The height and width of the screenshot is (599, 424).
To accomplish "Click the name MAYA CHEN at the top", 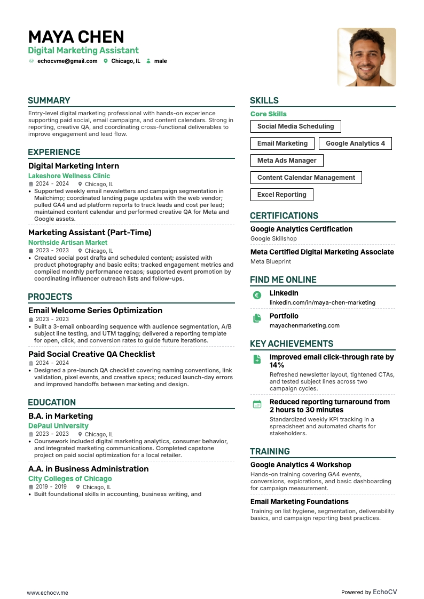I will (x=76, y=37).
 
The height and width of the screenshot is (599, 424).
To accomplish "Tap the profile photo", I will (x=366, y=57).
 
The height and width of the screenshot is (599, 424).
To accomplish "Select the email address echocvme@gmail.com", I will (x=67, y=61).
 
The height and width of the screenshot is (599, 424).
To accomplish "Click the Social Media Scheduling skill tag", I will (x=295, y=126).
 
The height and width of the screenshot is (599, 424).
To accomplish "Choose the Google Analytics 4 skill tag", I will (x=355, y=143).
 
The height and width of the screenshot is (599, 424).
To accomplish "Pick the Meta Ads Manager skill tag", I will (x=287, y=161).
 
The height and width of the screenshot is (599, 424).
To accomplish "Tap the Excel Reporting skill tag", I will (x=281, y=195).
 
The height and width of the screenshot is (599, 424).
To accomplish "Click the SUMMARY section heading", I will (x=49, y=101).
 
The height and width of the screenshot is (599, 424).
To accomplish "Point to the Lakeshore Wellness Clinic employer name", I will (x=69, y=176).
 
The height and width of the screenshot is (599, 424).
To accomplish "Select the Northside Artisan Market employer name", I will (x=68, y=243).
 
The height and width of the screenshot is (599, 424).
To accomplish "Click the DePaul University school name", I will (x=58, y=426).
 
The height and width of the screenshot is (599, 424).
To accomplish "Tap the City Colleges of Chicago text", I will (x=70, y=479).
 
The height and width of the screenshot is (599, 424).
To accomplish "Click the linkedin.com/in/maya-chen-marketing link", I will (x=322, y=302).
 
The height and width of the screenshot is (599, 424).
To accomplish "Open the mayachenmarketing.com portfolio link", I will (x=304, y=325).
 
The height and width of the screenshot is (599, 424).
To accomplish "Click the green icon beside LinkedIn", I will (x=257, y=295).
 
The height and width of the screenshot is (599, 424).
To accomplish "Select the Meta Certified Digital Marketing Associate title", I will (x=322, y=252).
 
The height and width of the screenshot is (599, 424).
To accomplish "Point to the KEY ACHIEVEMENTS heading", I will (x=292, y=344).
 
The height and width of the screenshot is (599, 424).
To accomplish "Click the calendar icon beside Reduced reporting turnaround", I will (x=257, y=404).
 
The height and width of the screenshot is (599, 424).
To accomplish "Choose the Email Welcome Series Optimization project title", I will (x=95, y=310).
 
